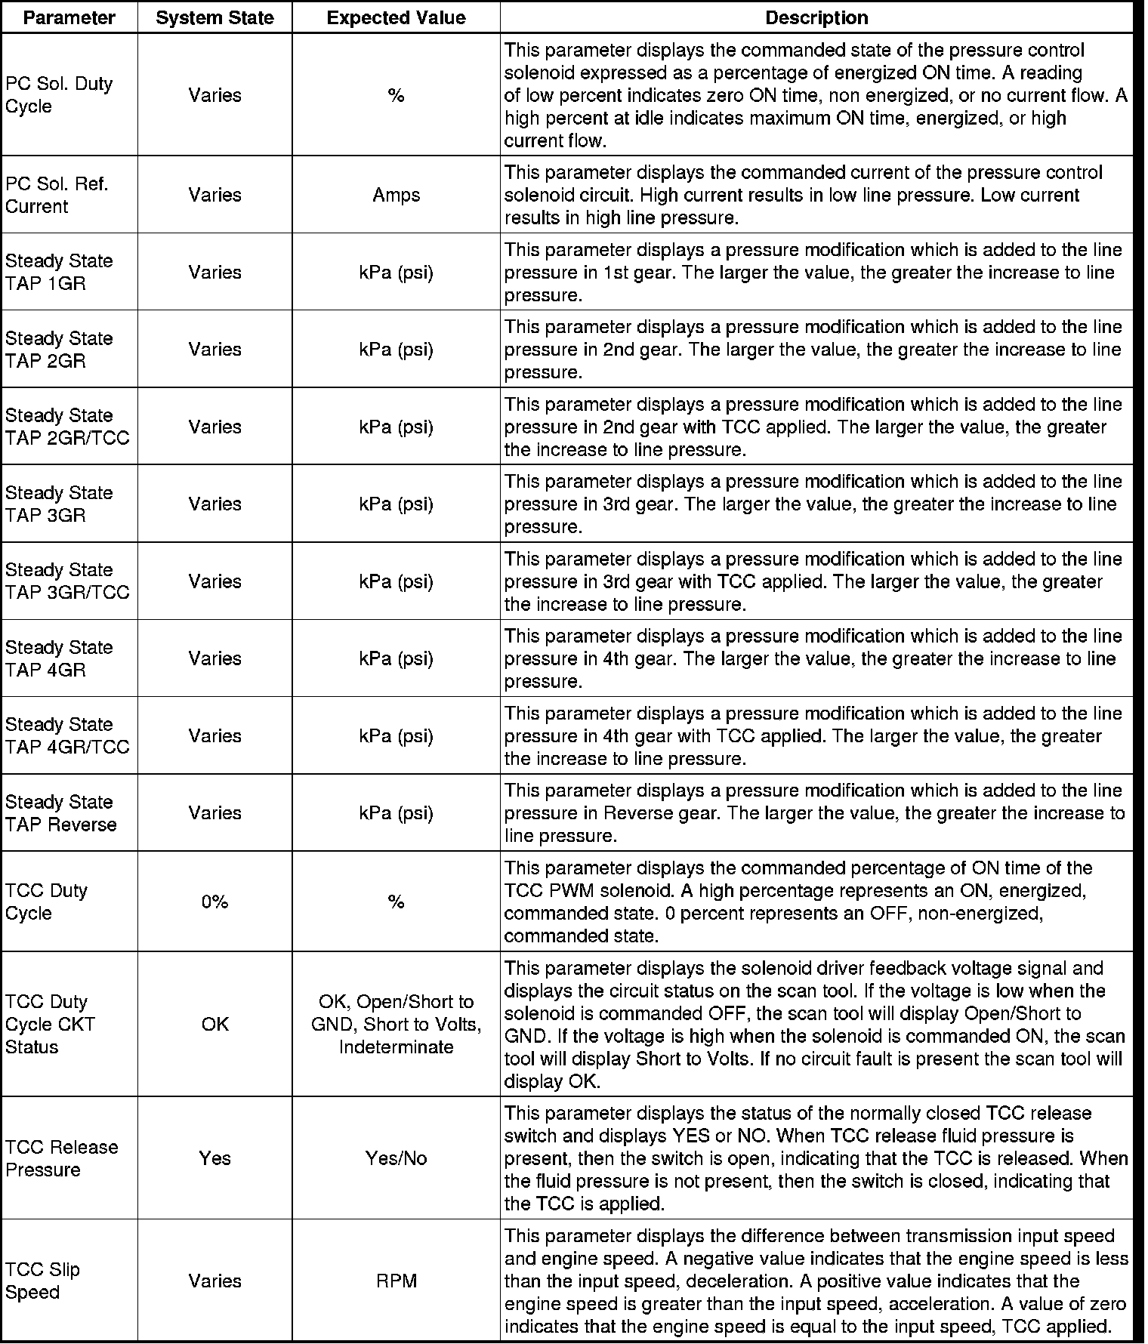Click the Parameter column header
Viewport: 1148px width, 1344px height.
pyautogui.click(x=69, y=18)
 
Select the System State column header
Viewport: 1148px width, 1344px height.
pyautogui.click(x=214, y=18)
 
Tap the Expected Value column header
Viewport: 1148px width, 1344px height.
pyautogui.click(x=396, y=18)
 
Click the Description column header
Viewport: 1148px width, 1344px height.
pyautogui.click(x=816, y=18)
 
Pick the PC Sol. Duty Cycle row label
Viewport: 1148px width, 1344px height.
pyautogui.click(x=59, y=95)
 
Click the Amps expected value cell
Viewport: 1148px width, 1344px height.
pyautogui.click(x=396, y=196)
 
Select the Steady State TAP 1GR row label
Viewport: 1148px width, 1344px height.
pyautogui.click(x=59, y=273)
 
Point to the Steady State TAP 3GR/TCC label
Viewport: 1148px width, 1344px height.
pyautogui.click(x=67, y=581)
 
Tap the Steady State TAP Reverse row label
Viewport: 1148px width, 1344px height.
pyautogui.click(x=61, y=813)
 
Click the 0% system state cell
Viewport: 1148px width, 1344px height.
pyautogui.click(x=214, y=902)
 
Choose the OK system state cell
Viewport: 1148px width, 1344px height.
pyautogui.click(x=214, y=1025)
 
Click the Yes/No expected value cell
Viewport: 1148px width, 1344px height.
pyautogui.click(x=396, y=1158)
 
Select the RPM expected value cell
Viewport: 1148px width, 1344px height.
pyautogui.click(x=396, y=1281)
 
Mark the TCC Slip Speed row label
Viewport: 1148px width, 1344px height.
pyautogui.click(x=42, y=1281)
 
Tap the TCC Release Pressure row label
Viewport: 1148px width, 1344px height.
pyautogui.click(x=62, y=1158)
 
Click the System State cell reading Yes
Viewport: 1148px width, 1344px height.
pyautogui.click(x=214, y=1158)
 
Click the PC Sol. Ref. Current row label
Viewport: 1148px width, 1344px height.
pyautogui.click(x=57, y=196)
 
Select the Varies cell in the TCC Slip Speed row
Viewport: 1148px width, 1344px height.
pyautogui.click(x=214, y=1281)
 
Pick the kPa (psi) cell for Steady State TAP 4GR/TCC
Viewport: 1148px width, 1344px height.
pyautogui.click(x=396, y=736)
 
